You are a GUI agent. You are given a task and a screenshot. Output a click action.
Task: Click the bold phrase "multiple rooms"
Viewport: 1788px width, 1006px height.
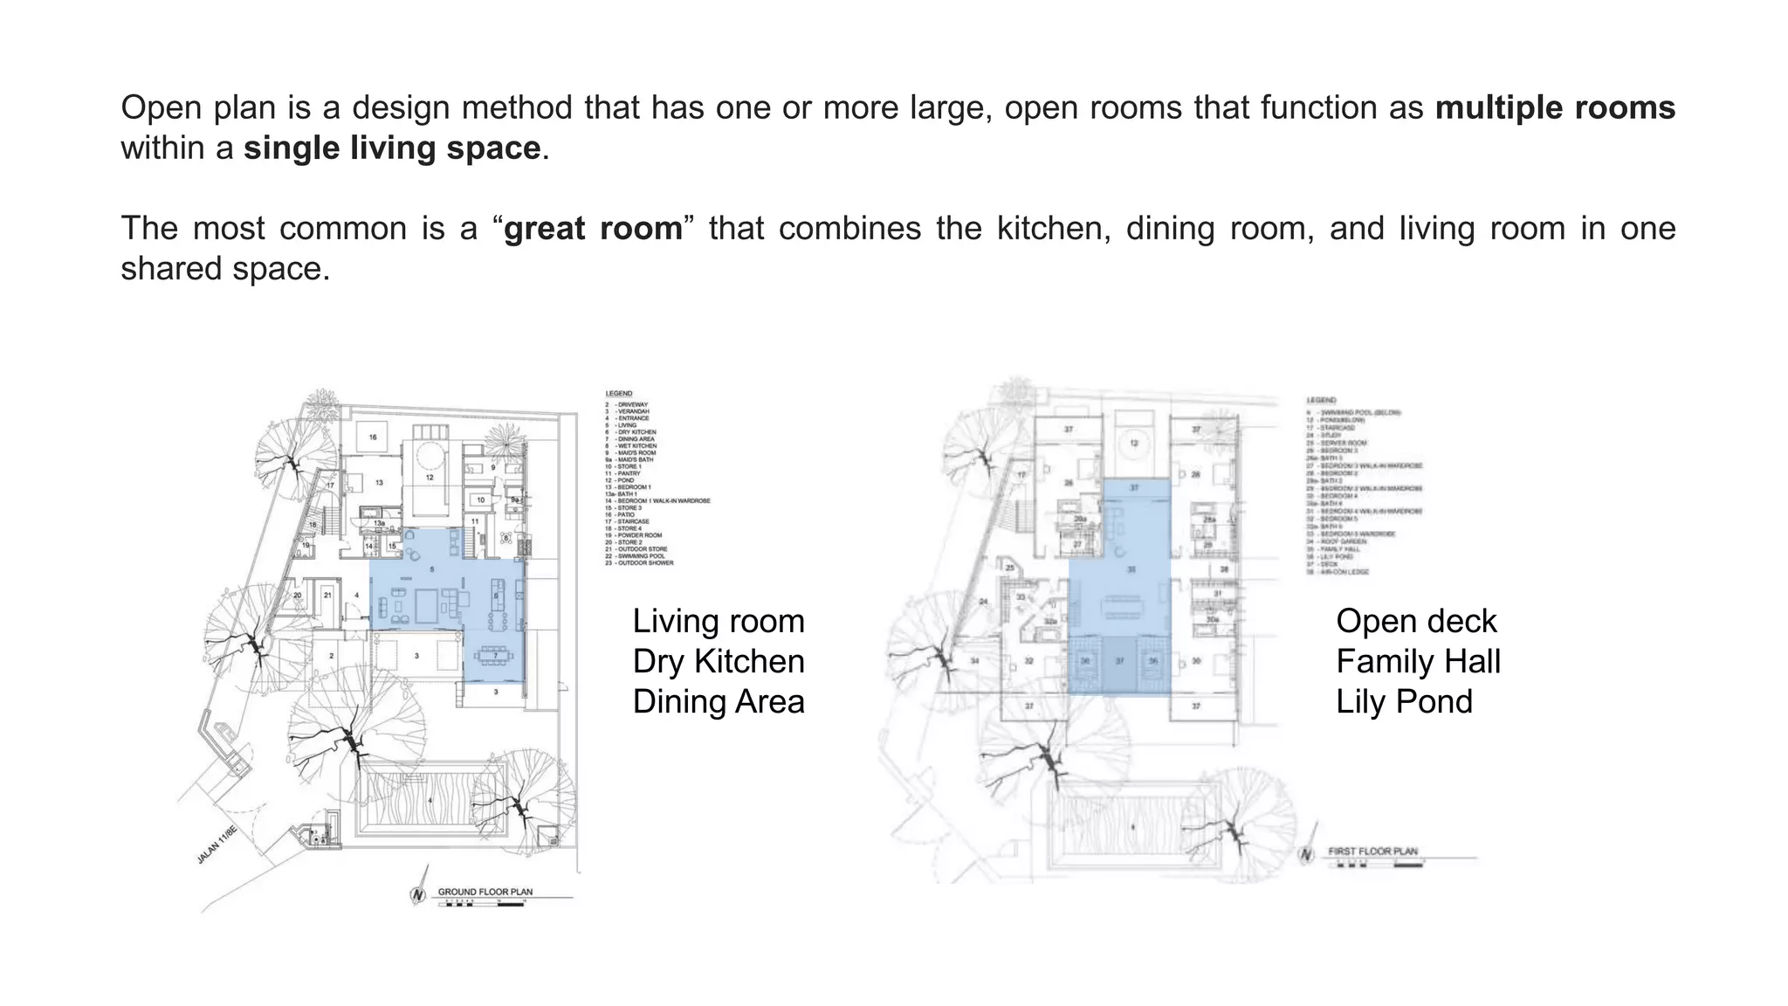click(1554, 108)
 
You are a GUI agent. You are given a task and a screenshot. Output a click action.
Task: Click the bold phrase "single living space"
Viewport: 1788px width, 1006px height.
click(392, 148)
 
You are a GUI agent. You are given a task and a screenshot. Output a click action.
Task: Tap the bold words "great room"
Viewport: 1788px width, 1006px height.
click(593, 229)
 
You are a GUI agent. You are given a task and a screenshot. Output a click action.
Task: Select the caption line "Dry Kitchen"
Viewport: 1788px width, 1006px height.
click(719, 662)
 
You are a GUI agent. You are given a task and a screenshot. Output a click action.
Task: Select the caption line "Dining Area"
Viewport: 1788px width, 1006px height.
click(719, 702)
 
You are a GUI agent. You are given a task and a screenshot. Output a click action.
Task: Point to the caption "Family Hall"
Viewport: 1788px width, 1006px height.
click(1418, 662)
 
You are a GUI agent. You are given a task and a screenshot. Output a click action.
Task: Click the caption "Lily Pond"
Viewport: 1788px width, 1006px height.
click(1404, 702)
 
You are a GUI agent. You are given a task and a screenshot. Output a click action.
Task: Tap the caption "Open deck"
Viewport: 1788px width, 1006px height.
click(1416, 622)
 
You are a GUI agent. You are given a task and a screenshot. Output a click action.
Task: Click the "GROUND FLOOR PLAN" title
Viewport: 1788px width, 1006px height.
click(485, 892)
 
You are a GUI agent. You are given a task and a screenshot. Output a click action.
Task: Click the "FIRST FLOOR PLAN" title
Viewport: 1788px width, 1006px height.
click(1372, 851)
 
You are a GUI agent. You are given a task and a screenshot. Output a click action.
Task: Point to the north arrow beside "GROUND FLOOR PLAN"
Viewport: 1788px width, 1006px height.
click(419, 892)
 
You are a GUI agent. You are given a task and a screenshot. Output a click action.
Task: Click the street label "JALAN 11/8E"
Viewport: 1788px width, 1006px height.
click(217, 844)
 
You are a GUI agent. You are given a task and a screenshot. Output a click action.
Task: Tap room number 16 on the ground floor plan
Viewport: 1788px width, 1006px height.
click(373, 437)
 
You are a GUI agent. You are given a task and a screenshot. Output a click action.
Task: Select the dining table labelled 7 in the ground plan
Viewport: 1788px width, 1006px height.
click(495, 655)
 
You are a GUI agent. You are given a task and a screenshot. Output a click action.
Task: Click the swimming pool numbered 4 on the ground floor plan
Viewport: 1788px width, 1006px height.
click(430, 800)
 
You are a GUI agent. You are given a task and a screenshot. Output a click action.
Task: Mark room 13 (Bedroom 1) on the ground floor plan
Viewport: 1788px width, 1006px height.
click(379, 482)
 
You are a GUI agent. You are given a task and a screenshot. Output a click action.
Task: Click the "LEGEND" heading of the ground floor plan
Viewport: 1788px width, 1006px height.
click(618, 394)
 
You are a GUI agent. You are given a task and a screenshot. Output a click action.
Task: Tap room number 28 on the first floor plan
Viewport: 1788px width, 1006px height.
click(1196, 475)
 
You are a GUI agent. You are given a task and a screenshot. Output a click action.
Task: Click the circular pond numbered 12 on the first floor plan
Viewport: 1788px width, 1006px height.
click(1134, 443)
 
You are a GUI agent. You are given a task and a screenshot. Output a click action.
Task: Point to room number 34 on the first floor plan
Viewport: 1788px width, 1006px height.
click(975, 661)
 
